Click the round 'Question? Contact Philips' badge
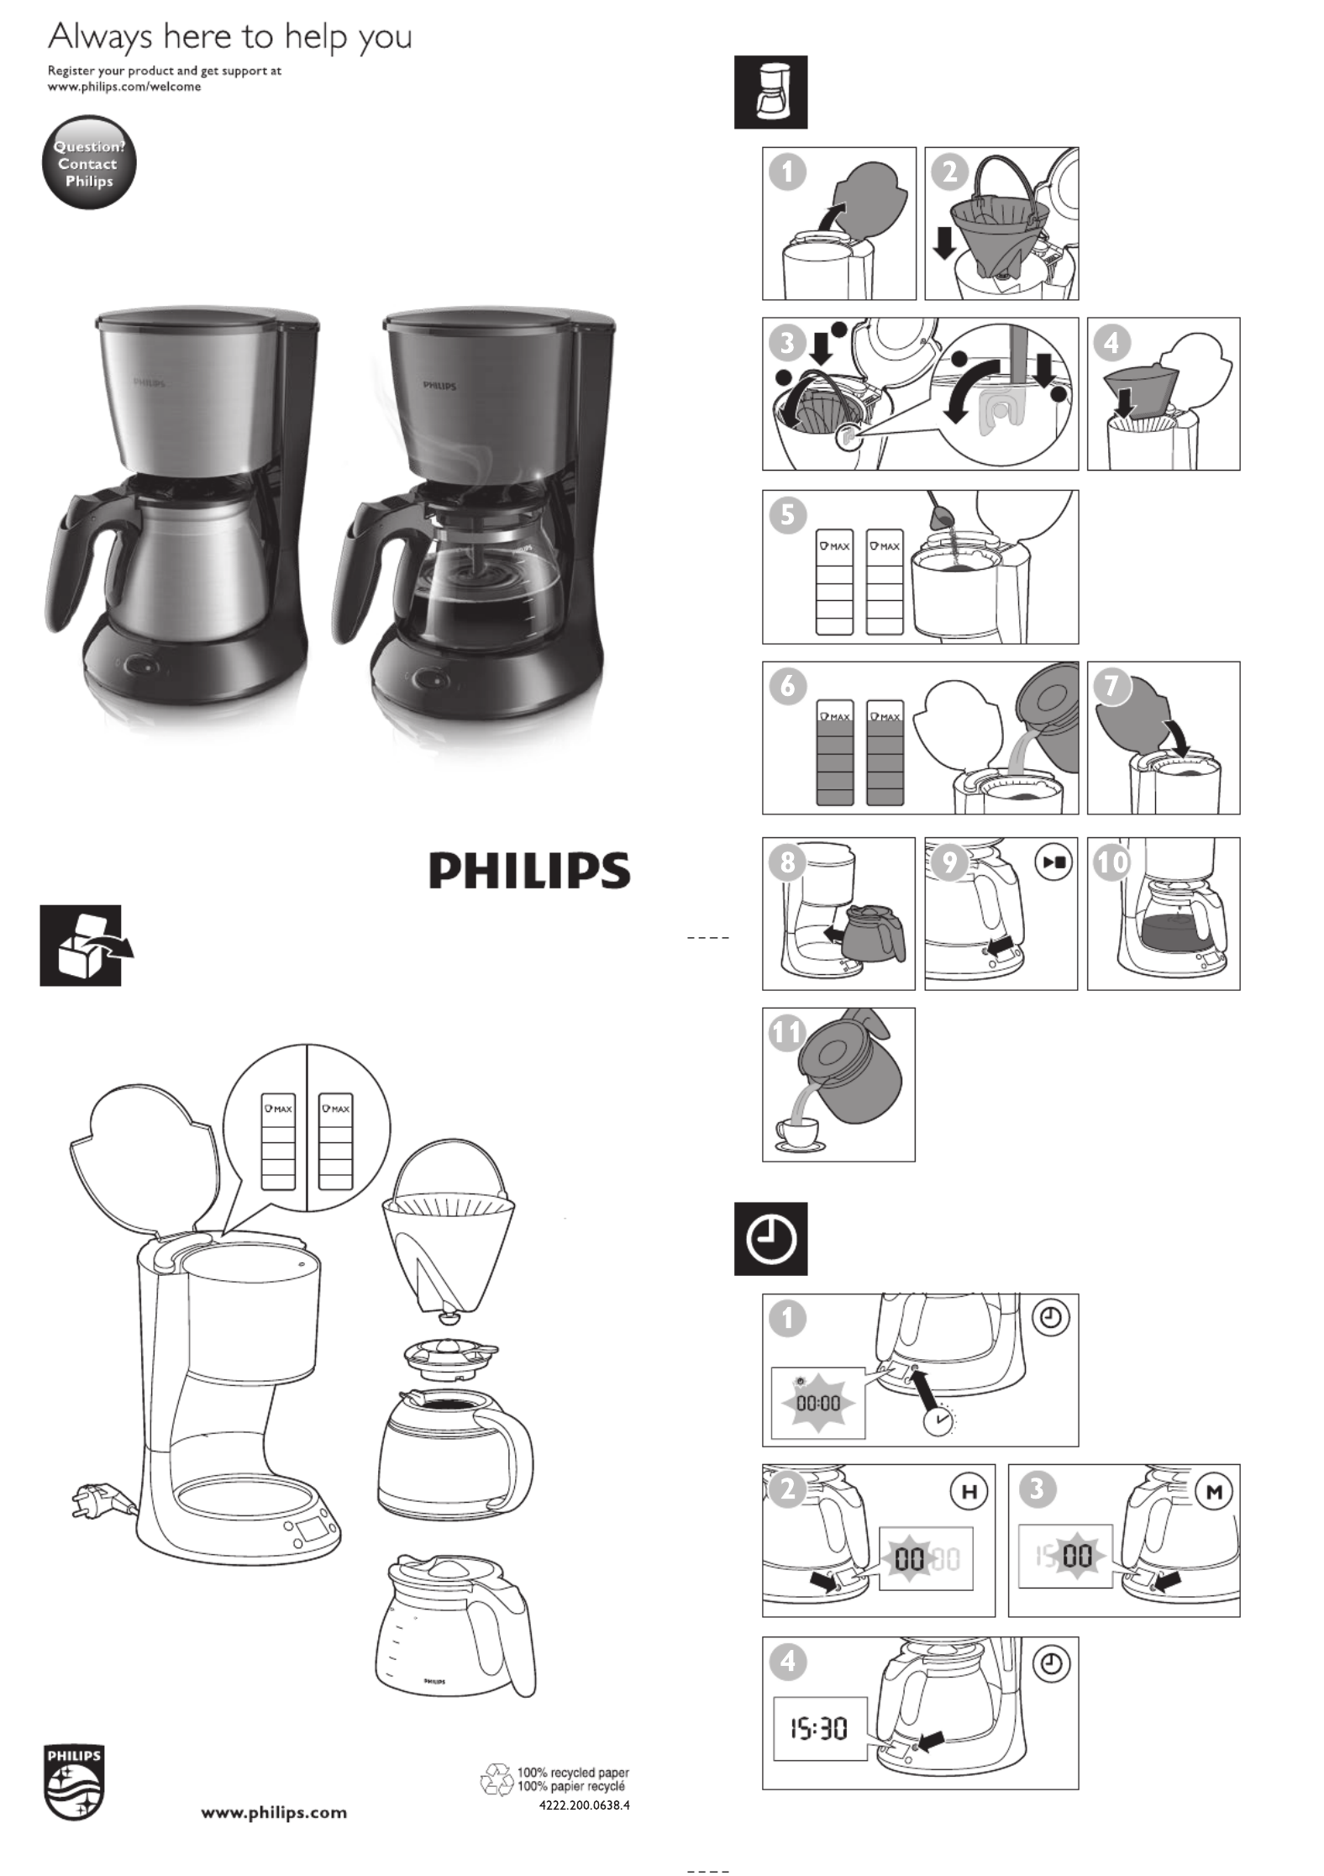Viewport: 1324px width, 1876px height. point(89,162)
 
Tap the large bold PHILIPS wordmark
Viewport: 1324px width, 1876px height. point(529,871)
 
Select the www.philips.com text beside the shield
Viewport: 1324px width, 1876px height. point(274,1812)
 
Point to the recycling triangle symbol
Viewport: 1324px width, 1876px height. point(496,1779)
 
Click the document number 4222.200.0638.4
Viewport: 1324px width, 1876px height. point(584,1805)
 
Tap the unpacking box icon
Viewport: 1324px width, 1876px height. point(87,946)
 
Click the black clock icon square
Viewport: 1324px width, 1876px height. point(770,1239)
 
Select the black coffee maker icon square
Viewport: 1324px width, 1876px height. point(770,92)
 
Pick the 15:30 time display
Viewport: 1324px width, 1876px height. point(819,1728)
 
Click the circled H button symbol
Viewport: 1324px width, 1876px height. point(969,1493)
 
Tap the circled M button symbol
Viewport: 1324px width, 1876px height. point(1214,1493)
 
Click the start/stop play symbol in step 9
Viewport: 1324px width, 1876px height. point(1054,862)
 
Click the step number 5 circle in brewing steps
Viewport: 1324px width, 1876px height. point(787,514)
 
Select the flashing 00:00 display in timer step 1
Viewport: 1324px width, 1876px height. point(818,1403)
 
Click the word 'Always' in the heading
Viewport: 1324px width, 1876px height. point(100,38)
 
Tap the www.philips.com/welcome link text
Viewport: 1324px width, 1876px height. point(124,87)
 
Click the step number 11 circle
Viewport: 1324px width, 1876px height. point(787,1032)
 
